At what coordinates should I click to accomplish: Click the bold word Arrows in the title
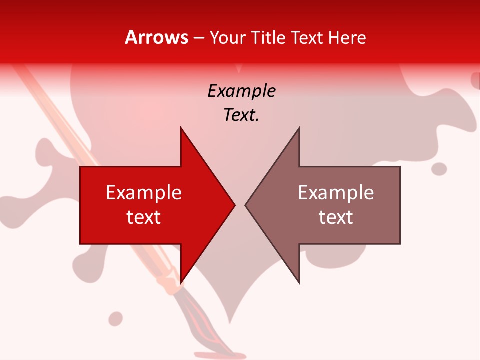tap(157, 37)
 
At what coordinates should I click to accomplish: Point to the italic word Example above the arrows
tap(241, 91)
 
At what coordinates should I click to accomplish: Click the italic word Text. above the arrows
tap(241, 115)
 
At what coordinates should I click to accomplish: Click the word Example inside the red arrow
tap(144, 193)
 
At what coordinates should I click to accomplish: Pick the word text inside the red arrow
tap(144, 217)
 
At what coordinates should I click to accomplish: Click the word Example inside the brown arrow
tap(336, 193)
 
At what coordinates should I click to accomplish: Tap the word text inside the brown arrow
tap(336, 217)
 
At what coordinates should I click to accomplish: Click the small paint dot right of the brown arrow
tap(439, 169)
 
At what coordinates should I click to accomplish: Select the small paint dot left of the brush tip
tap(116, 318)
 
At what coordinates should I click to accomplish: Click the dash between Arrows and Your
tap(198, 38)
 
